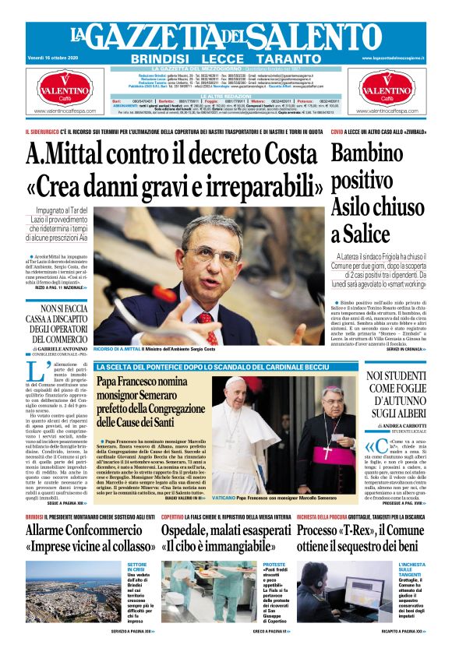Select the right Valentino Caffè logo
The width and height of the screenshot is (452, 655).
click(387, 92)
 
